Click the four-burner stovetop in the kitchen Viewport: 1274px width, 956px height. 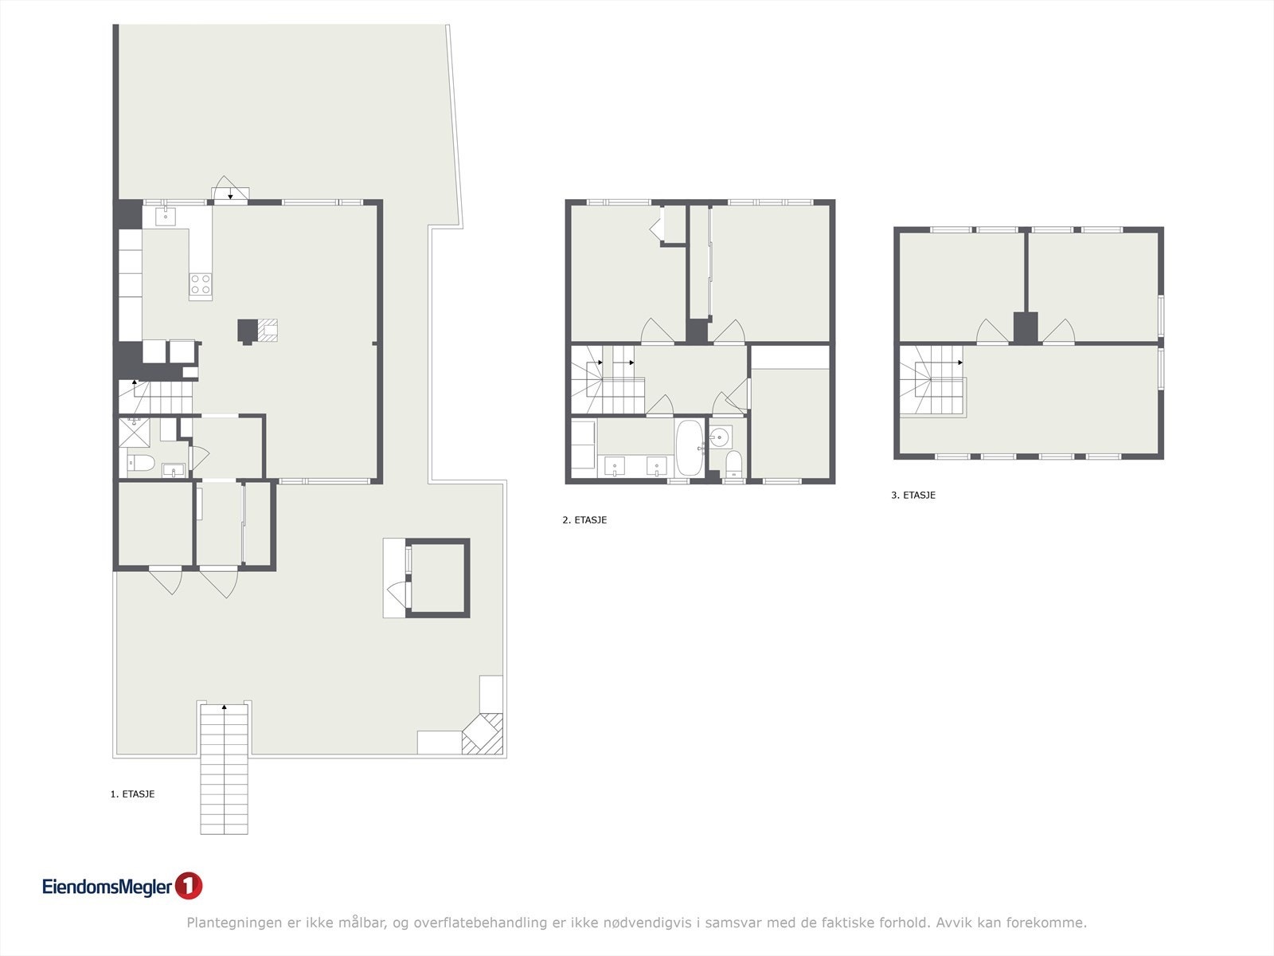200,284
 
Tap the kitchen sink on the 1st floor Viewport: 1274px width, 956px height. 166,217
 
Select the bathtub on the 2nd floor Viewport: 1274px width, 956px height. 690,448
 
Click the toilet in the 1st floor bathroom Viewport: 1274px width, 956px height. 141,463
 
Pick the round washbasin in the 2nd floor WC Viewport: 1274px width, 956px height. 720,437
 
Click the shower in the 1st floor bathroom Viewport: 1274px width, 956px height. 134,433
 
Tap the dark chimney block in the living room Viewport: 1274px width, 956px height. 248,331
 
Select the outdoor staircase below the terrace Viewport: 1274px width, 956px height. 224,769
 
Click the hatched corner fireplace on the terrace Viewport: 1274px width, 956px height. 483,734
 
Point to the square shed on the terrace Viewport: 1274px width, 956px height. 437,578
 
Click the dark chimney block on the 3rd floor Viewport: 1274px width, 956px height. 1026,328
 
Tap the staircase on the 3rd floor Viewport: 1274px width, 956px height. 932,381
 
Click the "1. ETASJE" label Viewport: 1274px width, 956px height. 132,794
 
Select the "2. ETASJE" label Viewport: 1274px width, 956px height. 584,520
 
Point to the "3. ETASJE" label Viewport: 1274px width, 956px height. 913,495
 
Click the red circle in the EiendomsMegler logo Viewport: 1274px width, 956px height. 189,886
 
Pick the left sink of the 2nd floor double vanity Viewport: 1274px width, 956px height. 615,466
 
